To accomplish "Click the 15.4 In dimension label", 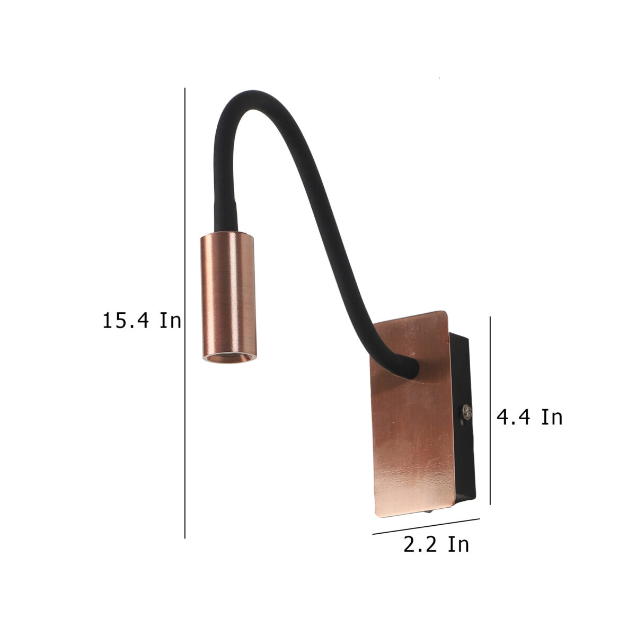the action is [x=142, y=320].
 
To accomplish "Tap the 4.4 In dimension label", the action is [x=529, y=417].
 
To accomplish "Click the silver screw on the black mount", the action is [x=467, y=411].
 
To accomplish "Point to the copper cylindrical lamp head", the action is [x=228, y=297].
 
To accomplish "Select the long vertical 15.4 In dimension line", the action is [x=185, y=313].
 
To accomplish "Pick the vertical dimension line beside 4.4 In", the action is [x=490, y=411].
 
